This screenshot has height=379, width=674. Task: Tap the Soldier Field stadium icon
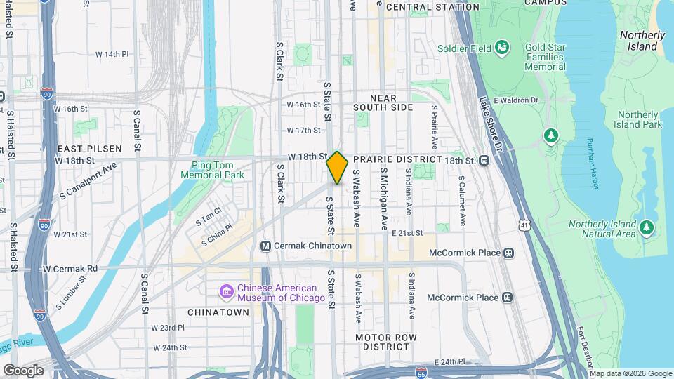pos(502,48)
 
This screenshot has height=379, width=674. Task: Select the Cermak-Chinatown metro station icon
pos(266,246)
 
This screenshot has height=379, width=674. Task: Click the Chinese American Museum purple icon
pos(226,291)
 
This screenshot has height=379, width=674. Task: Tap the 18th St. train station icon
pos(484,160)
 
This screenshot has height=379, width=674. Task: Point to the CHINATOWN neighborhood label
pos(218,312)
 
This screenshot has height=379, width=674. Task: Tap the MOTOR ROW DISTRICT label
pos(386,342)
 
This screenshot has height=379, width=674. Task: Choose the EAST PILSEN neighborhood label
pos(90,149)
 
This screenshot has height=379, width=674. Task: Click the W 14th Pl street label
pos(112,54)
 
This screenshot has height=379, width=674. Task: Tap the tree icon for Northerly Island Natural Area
pos(647,227)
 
